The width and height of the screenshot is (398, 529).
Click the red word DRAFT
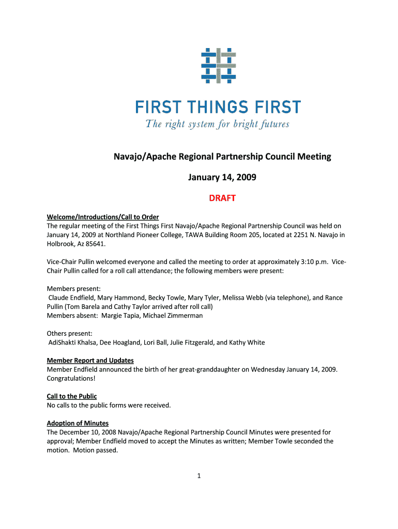(222, 198)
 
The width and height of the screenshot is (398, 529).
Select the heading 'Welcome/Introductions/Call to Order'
(103, 217)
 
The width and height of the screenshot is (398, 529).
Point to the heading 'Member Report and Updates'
(90, 360)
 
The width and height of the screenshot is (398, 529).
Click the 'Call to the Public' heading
(72, 396)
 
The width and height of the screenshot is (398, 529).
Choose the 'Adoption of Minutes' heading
(78, 423)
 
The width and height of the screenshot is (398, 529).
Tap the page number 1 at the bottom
(198, 476)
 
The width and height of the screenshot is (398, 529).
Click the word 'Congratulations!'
(71, 378)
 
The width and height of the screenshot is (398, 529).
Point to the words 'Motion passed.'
(96, 450)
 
